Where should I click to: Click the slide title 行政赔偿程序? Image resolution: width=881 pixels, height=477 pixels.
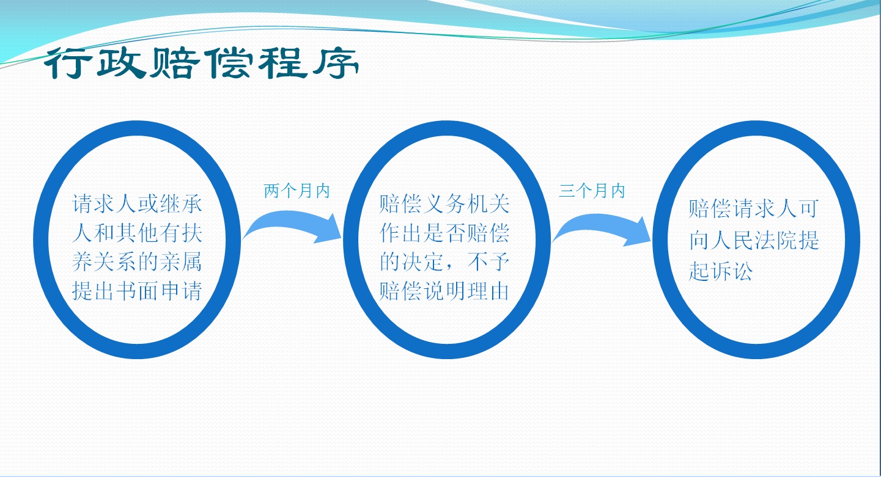pos(201,63)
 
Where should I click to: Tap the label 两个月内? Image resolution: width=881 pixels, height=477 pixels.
pos(297,191)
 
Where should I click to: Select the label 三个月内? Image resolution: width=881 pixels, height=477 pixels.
pos(592,191)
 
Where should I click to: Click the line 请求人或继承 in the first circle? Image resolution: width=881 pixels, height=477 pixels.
pos(137,204)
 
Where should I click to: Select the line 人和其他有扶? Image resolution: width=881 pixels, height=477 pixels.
pos(137,233)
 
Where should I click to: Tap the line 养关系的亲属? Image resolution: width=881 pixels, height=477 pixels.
pos(137,262)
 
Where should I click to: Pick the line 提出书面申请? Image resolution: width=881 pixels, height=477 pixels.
pos(137,291)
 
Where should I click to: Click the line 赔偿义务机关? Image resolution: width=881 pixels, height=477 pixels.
pos(444,204)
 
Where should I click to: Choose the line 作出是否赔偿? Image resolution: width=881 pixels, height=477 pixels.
pos(444,233)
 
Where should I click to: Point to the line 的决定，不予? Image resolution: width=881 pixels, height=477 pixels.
pos(444,262)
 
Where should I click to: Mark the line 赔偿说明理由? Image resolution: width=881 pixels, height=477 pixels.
pos(444,291)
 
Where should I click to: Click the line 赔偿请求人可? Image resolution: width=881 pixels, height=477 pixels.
pos(754,208)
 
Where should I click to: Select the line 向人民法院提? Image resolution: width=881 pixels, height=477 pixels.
pos(754,239)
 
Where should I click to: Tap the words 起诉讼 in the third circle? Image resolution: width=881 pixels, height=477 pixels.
pos(721,271)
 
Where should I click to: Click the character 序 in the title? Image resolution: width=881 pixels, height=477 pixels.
pos(336,63)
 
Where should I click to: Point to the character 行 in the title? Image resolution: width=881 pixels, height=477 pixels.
pos(67,63)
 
